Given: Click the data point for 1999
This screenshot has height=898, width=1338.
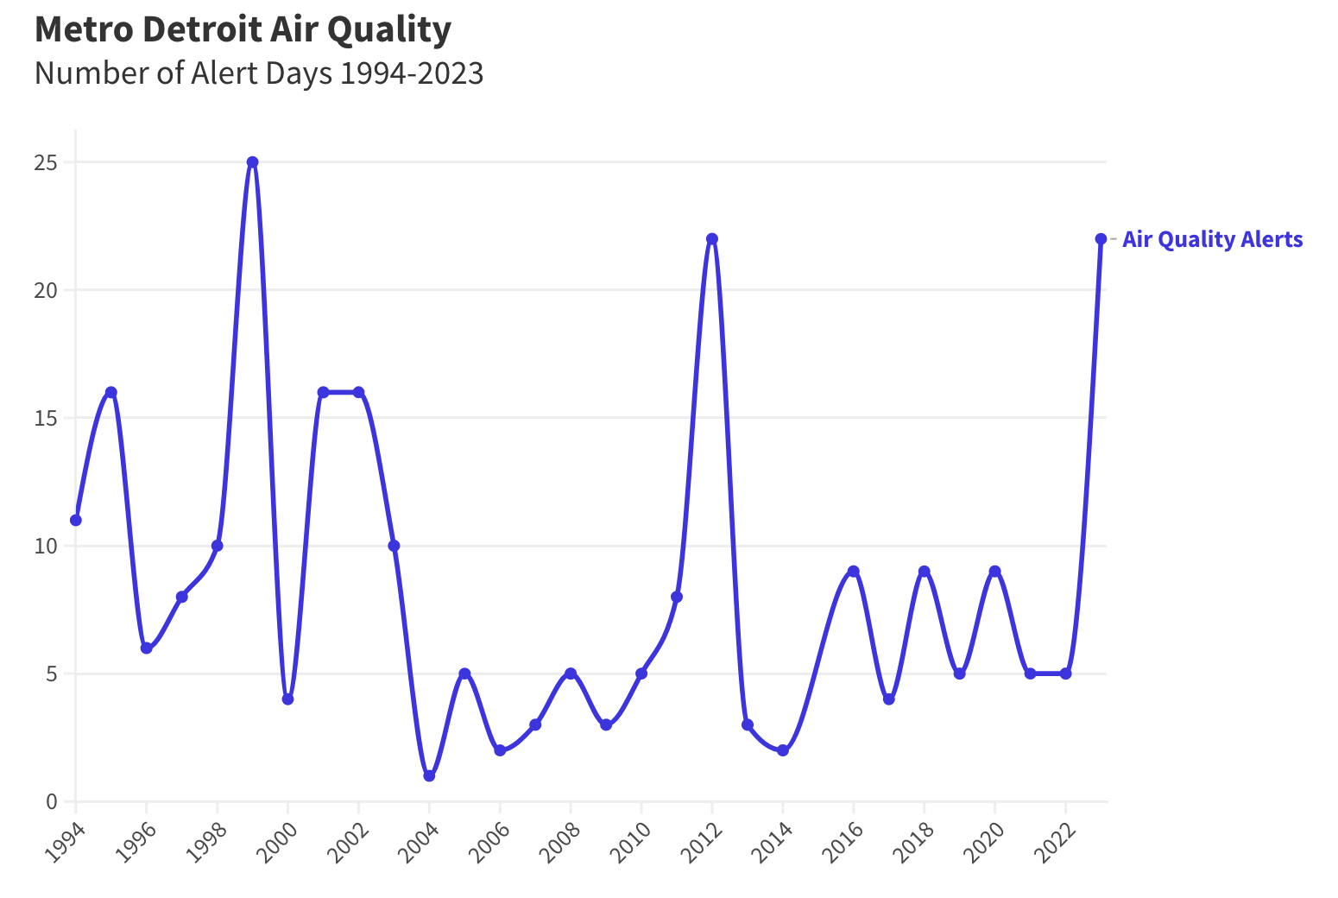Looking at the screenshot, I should (252, 162).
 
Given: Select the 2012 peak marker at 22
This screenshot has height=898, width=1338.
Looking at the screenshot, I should (712, 239).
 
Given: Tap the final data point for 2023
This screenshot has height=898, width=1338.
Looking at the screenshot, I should (1101, 239).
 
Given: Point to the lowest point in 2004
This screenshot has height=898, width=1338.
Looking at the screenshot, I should (429, 775).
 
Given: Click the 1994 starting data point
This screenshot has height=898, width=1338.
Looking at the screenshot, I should (76, 520).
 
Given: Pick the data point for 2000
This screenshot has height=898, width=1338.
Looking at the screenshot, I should (287, 699).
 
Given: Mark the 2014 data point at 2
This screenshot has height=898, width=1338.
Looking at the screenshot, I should (783, 750).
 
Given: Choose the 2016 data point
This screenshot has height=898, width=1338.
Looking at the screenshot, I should (854, 572).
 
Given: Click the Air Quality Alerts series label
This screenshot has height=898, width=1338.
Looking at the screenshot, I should (1212, 239).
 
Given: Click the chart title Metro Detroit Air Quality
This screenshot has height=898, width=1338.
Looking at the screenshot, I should (243, 29).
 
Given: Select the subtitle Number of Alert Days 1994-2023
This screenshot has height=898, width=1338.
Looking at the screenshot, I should (259, 73).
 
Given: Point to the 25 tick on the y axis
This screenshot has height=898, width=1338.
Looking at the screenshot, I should (47, 162).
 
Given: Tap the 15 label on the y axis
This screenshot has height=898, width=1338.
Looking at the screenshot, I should (47, 418).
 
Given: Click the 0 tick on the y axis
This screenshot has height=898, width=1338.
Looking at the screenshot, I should (52, 801).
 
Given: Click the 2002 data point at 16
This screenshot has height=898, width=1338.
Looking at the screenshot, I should (358, 392).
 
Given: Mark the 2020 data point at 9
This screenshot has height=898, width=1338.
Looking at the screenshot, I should (994, 572).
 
